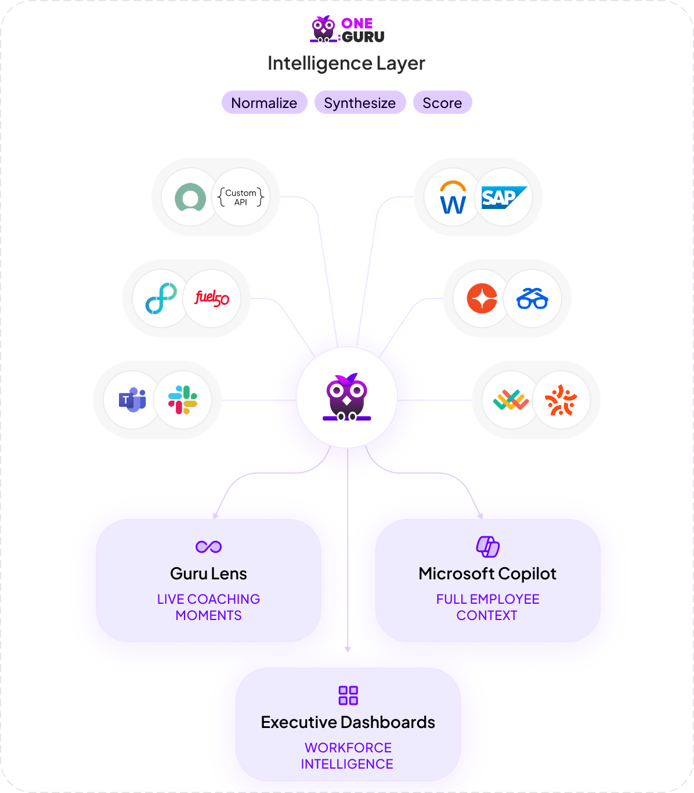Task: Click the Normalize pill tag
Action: pyautogui.click(x=264, y=103)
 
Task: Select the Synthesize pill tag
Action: pyautogui.click(x=360, y=103)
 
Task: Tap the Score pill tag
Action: pyautogui.click(x=442, y=103)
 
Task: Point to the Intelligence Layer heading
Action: pyautogui.click(x=346, y=63)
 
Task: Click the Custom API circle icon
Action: pyautogui.click(x=241, y=197)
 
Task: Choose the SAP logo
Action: pyautogui.click(x=503, y=197)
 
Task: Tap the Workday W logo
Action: pyautogui.click(x=453, y=197)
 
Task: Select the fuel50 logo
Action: pyautogui.click(x=212, y=298)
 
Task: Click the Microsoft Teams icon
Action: pyautogui.click(x=132, y=400)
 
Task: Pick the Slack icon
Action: pyautogui.click(x=183, y=400)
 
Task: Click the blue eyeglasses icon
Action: pyautogui.click(x=532, y=299)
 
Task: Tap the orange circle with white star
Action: pyautogui.click(x=482, y=298)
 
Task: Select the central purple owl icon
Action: pyautogui.click(x=347, y=398)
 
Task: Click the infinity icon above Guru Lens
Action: pyautogui.click(x=209, y=547)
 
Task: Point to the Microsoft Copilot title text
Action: pyautogui.click(x=487, y=574)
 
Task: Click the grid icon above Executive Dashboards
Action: pyautogui.click(x=348, y=695)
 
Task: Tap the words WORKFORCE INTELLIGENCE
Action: pyautogui.click(x=348, y=756)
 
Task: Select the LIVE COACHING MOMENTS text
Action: pyautogui.click(x=208, y=607)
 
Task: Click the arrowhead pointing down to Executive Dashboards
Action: pyautogui.click(x=348, y=649)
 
